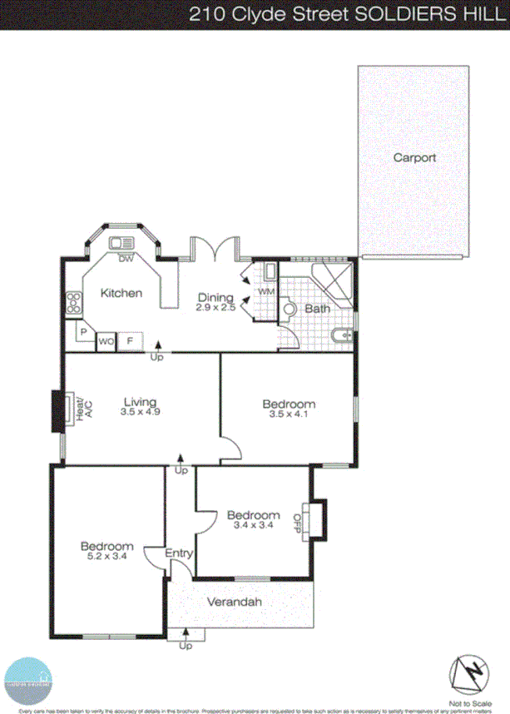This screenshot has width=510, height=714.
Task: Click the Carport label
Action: coord(414,157)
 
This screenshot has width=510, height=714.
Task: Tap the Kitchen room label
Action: coord(121,293)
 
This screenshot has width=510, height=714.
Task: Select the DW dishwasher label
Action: coord(125,259)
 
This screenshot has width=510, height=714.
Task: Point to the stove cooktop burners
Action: coord(73,303)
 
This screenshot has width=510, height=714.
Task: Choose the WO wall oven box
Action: coord(106,341)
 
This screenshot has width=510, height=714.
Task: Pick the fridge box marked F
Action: coord(130,341)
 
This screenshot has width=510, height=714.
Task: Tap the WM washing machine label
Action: coord(265,292)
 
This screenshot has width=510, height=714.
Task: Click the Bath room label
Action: coord(317,309)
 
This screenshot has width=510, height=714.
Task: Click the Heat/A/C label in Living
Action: coord(80,411)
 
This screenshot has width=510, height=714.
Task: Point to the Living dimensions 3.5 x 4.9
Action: coord(139,411)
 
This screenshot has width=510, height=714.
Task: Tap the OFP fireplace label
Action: coord(297,522)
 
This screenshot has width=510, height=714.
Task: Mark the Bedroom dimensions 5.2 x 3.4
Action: coord(106,557)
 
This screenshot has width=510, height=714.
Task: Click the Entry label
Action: coord(180,553)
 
